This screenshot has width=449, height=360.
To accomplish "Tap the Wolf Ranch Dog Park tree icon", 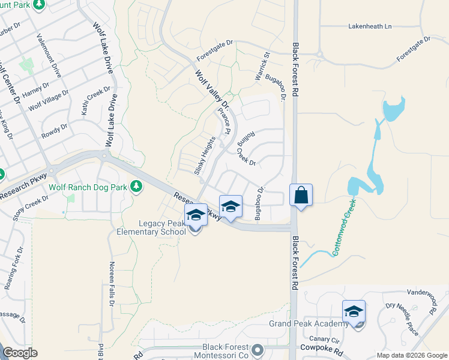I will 137,187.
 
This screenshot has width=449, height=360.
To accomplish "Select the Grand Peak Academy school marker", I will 354,312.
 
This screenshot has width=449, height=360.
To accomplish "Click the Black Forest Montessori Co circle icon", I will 258,348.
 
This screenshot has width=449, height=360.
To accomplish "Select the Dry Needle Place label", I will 402,320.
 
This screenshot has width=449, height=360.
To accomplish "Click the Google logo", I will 20,353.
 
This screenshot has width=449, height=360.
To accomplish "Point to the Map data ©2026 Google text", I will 411,355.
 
